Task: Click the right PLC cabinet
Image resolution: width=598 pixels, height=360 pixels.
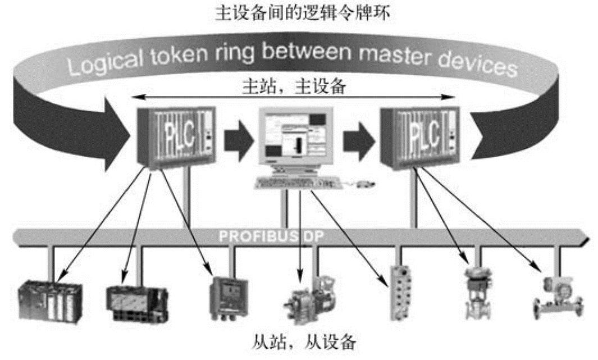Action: tap(416, 138)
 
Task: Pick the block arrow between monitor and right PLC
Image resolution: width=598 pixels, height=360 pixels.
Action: tap(359, 139)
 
